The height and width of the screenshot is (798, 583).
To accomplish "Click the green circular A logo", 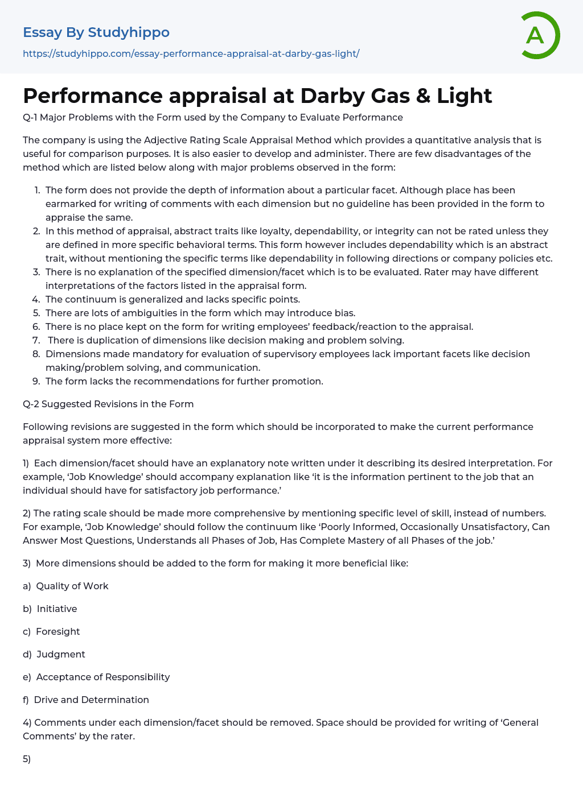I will (540, 35).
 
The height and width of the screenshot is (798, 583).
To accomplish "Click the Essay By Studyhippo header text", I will (96, 32).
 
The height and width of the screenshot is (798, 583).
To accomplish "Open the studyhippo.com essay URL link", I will (191, 53).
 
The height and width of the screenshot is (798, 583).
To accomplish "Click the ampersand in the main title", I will (423, 96).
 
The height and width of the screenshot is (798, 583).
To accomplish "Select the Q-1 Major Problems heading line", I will (212, 117).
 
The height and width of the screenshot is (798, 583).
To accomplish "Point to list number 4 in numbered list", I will (36, 299).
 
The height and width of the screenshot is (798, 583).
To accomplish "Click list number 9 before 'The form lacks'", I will (36, 381).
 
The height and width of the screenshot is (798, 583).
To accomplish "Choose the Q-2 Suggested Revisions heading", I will (108, 404).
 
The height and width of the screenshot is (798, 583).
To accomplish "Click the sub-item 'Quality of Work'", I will (72, 586).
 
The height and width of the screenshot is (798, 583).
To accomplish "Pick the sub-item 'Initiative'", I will (57, 609).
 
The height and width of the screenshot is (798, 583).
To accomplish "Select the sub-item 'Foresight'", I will (58, 631).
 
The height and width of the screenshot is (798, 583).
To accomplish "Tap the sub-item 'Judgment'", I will (61, 654).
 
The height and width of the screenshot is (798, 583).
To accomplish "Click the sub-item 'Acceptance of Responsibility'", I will (103, 677).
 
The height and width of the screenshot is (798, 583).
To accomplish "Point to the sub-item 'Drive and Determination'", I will (92, 700).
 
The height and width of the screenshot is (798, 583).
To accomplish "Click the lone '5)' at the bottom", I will (27, 759).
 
